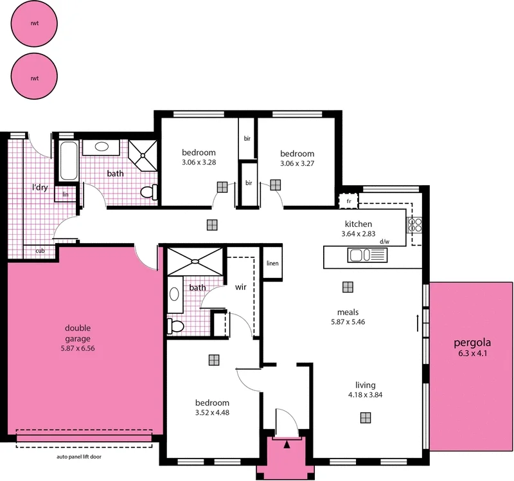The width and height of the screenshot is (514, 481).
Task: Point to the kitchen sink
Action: point(367,256)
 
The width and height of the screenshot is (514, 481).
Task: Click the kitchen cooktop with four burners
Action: point(415,224)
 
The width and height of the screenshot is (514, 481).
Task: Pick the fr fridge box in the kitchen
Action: point(348,201)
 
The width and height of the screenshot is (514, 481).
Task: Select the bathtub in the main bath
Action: point(68,160)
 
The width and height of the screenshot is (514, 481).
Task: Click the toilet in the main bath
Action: point(148,192)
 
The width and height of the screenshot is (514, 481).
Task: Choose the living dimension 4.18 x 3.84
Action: point(365,395)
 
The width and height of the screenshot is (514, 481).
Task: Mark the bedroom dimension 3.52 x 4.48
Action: point(212,413)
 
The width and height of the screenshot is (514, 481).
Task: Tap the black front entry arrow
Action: point(287,443)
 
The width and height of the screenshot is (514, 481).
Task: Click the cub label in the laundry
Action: point(40,251)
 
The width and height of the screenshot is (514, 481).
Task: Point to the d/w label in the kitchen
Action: point(385,242)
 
